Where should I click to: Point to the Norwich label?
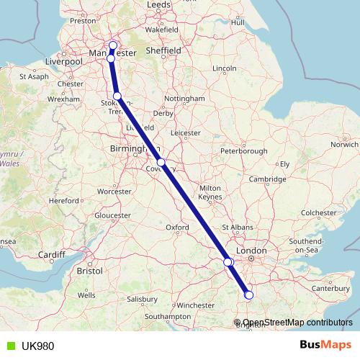(344, 144)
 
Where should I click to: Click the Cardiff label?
(53, 254)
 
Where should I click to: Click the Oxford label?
(178, 228)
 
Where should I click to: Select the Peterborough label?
(243, 151)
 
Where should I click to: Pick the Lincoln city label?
(225, 68)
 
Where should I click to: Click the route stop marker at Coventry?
(163, 162)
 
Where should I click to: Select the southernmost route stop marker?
(249, 294)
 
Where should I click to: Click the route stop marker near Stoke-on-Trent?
(117, 96)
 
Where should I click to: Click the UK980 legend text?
(37, 346)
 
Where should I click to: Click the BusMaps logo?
(325, 346)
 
